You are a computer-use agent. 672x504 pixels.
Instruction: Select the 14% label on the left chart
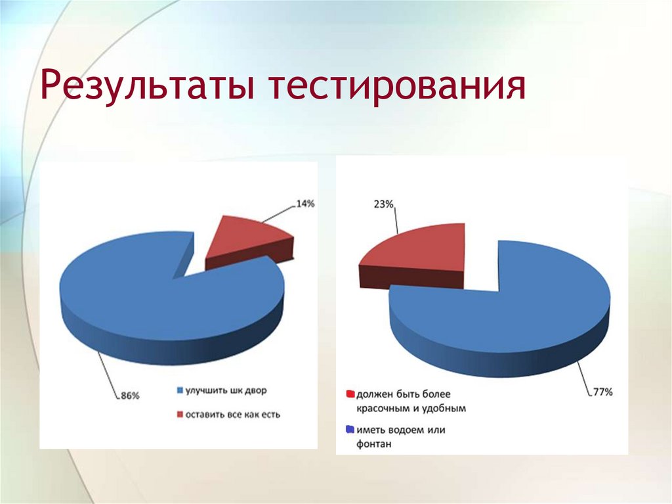(305, 204)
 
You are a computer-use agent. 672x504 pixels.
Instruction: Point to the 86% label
(130, 395)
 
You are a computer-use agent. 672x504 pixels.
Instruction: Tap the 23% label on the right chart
(383, 204)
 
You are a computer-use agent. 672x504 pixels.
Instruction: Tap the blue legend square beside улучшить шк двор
(180, 391)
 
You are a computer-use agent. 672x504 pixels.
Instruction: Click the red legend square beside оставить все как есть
(180, 415)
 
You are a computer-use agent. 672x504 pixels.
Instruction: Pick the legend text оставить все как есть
(232, 415)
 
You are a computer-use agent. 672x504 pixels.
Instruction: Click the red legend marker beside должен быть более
(350, 395)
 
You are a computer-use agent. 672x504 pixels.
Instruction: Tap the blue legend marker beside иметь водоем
(350, 430)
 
